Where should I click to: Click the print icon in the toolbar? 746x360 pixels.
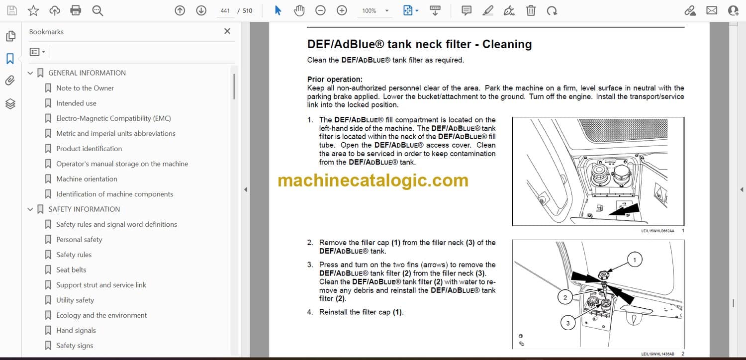[x=76, y=10]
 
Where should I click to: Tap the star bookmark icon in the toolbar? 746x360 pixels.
[x=33, y=10]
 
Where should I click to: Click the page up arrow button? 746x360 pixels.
[x=180, y=10]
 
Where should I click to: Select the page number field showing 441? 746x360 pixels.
[x=225, y=10]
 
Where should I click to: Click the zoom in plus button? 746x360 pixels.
[x=342, y=10]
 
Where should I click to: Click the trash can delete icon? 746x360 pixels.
[x=531, y=10]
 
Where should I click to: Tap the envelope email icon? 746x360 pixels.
[x=712, y=10]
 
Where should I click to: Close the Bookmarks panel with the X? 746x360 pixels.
[x=227, y=31]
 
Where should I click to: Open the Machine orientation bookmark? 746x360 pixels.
[x=87, y=179]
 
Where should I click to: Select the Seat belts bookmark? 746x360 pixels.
[x=71, y=270]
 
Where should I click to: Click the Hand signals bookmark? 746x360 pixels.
[x=76, y=330]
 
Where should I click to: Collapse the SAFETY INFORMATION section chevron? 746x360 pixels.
[x=30, y=209]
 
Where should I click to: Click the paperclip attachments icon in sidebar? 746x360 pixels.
[x=10, y=81]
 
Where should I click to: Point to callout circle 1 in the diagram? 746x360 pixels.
[x=635, y=260]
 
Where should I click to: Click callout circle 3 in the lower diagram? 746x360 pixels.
[x=568, y=323]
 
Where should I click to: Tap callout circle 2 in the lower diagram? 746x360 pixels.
[x=565, y=297]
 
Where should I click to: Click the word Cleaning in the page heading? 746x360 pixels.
[x=507, y=44]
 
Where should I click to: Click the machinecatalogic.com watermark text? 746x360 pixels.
[x=373, y=180]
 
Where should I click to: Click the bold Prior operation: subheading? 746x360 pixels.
[x=335, y=79]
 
